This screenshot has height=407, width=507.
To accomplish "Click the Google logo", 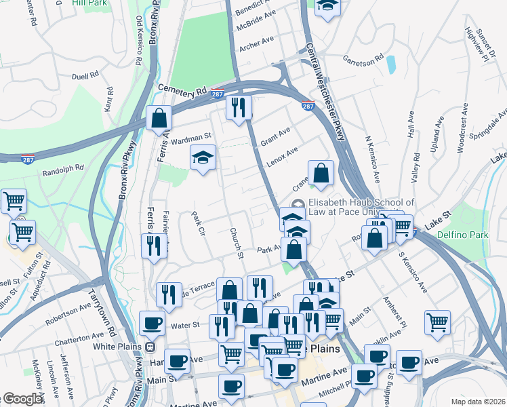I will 22,399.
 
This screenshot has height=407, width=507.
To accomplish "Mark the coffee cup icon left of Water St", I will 152,323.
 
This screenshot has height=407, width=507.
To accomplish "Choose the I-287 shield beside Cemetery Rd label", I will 218,93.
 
